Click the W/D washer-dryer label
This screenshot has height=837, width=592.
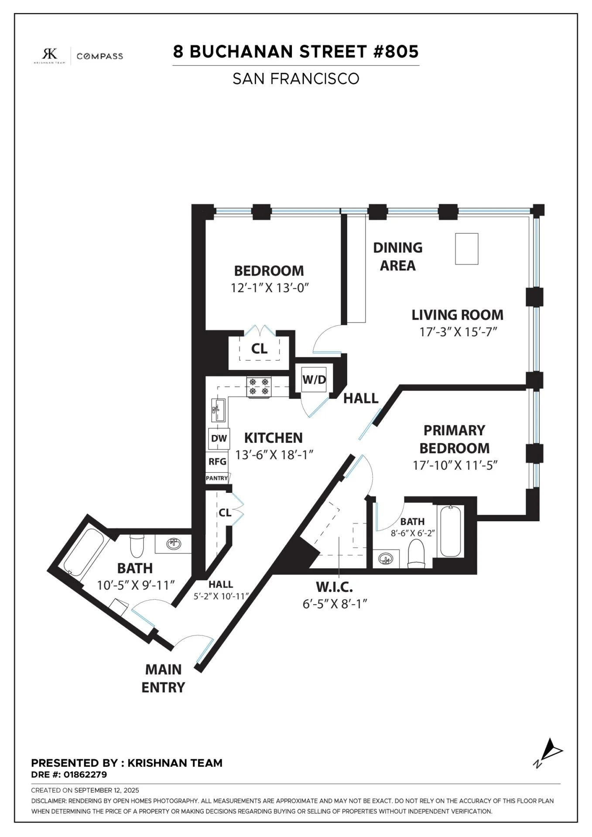pos(314,379)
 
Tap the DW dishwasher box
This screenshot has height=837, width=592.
pos(219,438)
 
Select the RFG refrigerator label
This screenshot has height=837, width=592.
pos(217,461)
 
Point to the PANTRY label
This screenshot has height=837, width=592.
pos(217,478)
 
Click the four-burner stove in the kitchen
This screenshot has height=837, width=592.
pos(259,387)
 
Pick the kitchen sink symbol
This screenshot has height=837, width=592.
pos(218,410)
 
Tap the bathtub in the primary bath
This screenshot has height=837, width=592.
pos(451,531)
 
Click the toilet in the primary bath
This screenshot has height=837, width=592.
pos(416,553)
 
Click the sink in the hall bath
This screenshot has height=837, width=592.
pos(174,544)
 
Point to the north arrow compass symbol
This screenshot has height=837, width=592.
pos(549,753)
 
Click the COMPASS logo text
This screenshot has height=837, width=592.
pos(99,56)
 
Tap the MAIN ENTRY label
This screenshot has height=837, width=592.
pos(163,678)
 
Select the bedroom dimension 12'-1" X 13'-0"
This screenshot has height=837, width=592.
pos(270,288)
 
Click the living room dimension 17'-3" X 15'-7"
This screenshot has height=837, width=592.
pos(458,332)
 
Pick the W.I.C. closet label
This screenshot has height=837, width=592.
pos(334,587)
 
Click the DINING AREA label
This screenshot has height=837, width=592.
pos(397,256)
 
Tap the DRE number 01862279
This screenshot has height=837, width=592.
pos(85,775)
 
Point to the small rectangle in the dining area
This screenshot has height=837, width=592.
pos(466,249)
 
